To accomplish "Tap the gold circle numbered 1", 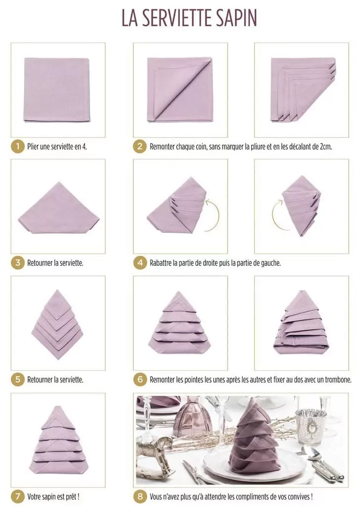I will [x=17, y=146].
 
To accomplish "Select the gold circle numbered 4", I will [x=140, y=263].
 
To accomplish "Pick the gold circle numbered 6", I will [x=140, y=380].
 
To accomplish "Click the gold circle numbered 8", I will [x=140, y=496].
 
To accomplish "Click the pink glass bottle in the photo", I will [x=193, y=418].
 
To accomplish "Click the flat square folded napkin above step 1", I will [x=57, y=89].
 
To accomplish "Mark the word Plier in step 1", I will [x=34, y=147].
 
